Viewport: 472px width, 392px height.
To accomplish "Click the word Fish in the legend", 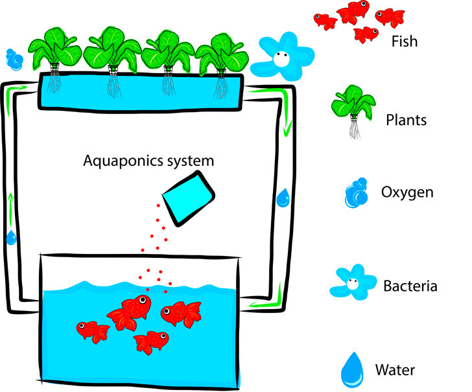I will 405,42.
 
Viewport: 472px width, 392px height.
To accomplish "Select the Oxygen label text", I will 408,193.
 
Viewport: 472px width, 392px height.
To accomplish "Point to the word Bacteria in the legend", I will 410,286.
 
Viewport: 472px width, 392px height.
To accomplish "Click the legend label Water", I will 395,371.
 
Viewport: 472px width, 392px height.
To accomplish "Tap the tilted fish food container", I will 187,195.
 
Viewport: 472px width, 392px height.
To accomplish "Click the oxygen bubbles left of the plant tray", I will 12,59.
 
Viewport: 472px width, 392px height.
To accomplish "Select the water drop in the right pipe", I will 283,198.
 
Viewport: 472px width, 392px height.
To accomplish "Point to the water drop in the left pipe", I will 10,237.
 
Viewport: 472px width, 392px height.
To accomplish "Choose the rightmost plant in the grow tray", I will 221,56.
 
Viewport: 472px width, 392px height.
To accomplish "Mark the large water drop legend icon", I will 353,367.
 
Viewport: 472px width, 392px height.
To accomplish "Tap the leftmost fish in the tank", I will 93,329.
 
